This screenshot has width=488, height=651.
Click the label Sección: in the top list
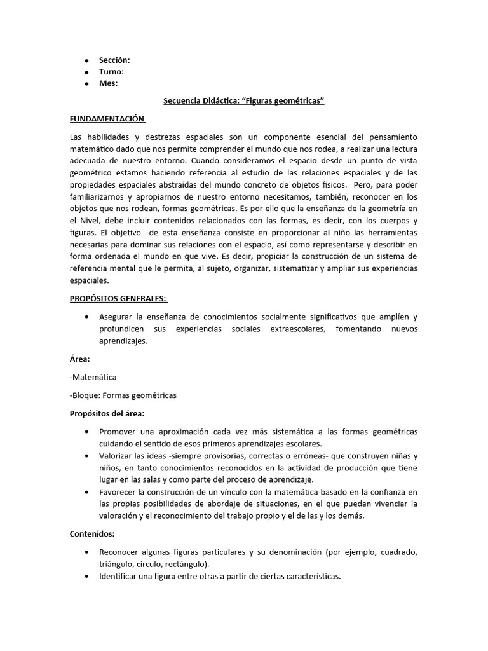coord(114,60)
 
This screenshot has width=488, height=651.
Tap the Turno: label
coord(111,71)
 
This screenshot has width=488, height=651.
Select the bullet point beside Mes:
coord(86,83)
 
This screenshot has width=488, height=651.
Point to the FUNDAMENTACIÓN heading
coord(107,119)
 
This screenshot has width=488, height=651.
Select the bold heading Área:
coord(79,359)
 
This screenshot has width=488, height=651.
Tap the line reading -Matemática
coord(93,377)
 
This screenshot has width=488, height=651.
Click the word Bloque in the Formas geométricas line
coord(85,395)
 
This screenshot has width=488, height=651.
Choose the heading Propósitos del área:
coord(107,413)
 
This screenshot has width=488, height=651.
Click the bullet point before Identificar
coord(86,577)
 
